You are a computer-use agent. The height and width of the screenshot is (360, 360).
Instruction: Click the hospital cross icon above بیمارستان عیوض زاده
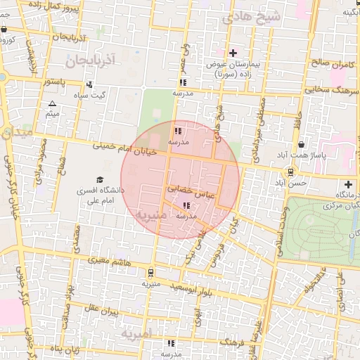[x=233, y=53]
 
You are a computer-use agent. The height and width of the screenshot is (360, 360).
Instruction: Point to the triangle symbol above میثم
[x=51, y=103]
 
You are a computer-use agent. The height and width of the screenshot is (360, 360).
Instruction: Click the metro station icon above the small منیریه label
[x=151, y=273]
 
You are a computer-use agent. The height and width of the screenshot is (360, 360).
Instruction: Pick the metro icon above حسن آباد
[x=291, y=172]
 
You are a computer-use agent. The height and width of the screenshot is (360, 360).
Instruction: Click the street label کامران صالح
[x=330, y=63]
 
